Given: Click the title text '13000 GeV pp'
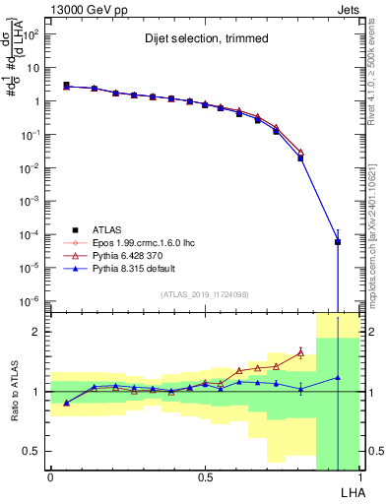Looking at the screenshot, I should (85, 7).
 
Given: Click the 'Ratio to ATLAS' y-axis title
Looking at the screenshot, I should (13, 392).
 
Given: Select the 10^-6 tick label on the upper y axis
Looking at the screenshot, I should (30, 300).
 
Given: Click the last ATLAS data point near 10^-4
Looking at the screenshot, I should (337, 241).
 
